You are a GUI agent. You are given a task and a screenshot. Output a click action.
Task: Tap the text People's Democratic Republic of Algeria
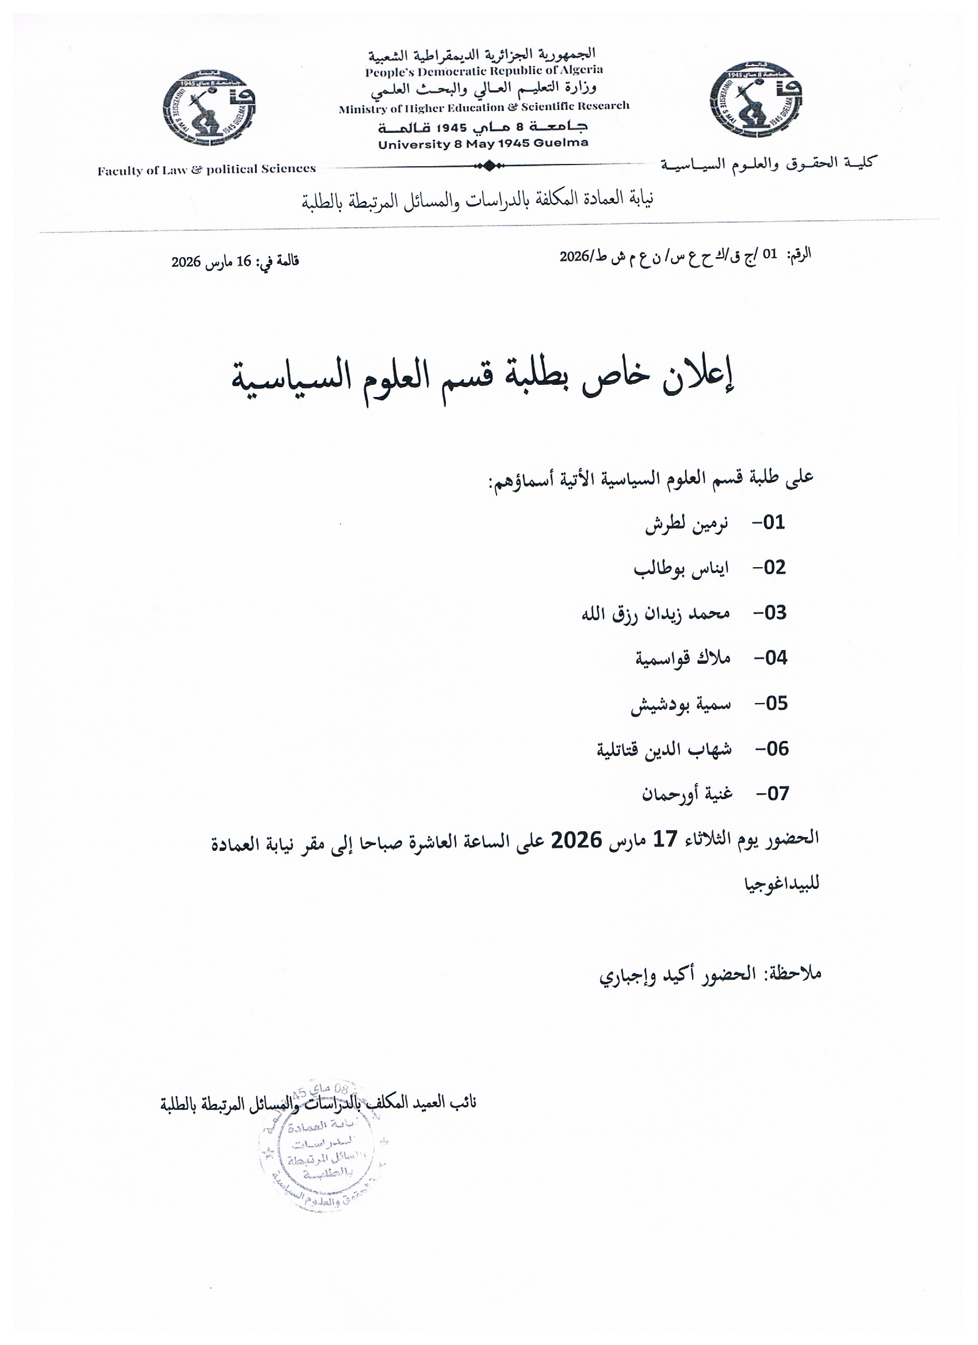point(483,71)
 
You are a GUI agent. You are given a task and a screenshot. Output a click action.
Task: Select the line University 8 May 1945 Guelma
point(483,143)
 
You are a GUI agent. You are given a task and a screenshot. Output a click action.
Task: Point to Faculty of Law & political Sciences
point(207,170)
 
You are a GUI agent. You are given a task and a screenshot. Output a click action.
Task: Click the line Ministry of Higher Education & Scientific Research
point(483,108)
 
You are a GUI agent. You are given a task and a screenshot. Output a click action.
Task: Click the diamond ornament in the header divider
point(487,166)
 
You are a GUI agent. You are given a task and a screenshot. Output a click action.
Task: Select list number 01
point(773,522)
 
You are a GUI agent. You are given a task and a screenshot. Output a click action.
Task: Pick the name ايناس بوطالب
point(681,568)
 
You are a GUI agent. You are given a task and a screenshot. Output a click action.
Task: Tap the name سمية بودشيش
point(680,704)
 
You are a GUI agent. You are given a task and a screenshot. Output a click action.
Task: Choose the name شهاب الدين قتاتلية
point(664,749)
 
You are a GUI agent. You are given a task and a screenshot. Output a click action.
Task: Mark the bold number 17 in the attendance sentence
point(665,839)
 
